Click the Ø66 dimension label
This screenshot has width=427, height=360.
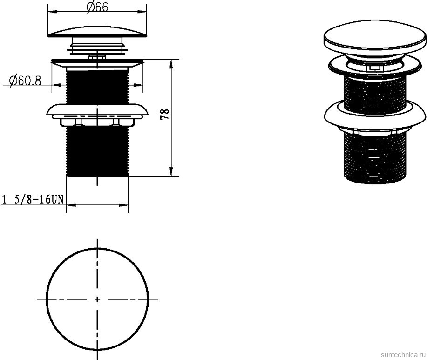tap(97, 7)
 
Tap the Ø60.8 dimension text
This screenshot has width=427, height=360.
tap(25, 81)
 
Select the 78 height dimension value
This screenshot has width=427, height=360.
tap(165, 115)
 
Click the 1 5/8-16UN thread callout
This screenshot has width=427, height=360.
tap(33, 199)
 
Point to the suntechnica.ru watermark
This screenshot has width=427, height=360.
tap(403, 354)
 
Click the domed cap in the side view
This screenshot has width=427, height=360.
tap(97, 32)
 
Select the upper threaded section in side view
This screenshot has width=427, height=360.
tap(97, 87)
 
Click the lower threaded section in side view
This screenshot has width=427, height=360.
tap(97, 151)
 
